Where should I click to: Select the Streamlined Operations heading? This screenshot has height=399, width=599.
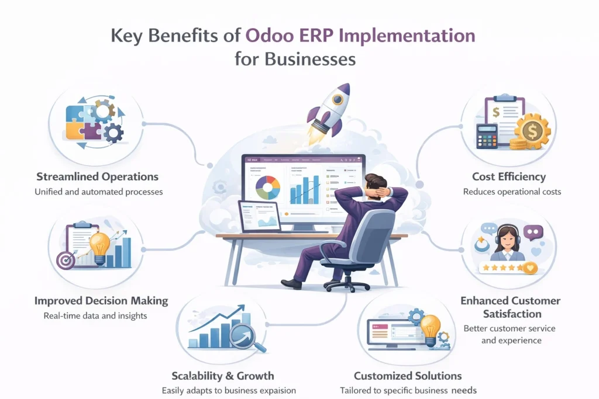pyautogui.click(x=97, y=176)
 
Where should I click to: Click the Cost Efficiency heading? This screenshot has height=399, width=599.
pyautogui.click(x=509, y=176)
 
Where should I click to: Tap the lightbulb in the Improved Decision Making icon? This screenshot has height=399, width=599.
pyautogui.click(x=99, y=245)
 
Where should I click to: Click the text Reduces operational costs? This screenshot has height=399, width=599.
pyautogui.click(x=512, y=192)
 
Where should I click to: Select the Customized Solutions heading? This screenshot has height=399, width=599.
pyautogui.click(x=408, y=376)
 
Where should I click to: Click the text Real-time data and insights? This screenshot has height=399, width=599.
pyautogui.click(x=95, y=316)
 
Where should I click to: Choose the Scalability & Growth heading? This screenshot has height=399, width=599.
pyautogui.click(x=223, y=376)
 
